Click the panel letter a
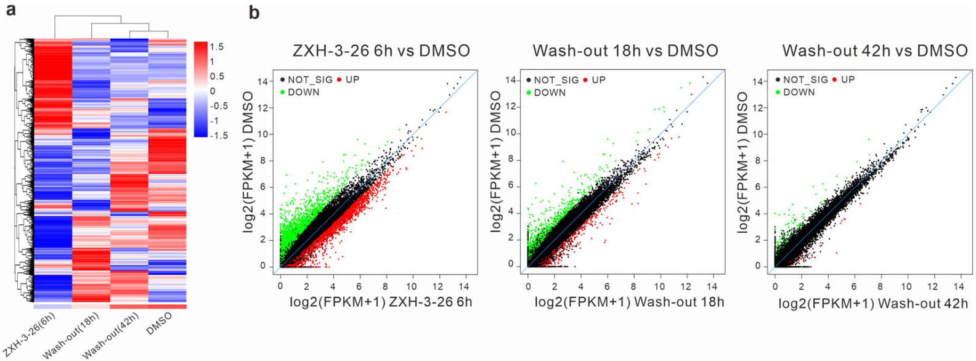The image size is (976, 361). [10, 11]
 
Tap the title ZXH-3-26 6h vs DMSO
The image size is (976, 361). [381, 50]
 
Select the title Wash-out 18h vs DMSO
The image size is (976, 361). [625, 50]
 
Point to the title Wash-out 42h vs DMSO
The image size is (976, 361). [875, 50]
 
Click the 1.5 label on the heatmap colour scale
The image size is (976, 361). [216, 47]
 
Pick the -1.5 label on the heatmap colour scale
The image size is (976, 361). [216, 136]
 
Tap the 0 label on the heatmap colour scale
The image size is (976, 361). [213, 91]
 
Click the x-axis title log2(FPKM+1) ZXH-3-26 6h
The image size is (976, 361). [381, 302]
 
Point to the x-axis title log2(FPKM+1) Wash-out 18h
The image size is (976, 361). [629, 302]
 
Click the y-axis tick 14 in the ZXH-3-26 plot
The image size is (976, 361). [262, 81]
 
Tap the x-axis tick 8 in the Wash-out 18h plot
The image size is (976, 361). [633, 286]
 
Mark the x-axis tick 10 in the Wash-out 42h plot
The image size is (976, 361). [906, 287]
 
